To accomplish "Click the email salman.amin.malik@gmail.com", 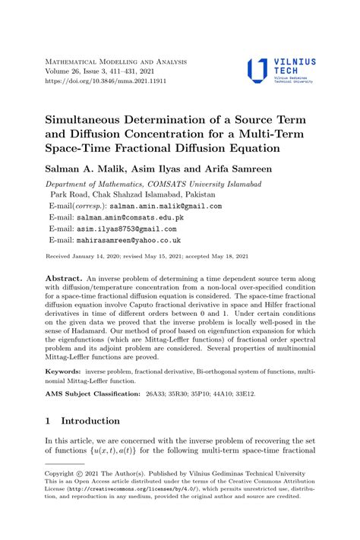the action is coord(165,206).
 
